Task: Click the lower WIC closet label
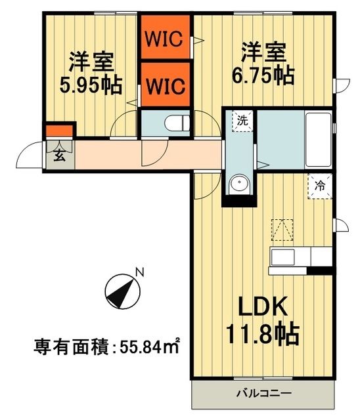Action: (165, 84)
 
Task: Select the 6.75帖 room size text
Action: (261, 75)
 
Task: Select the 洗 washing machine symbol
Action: (242, 121)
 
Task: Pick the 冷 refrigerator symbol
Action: (321, 186)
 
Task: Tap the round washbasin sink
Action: (239, 184)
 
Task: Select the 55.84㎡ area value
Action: (152, 346)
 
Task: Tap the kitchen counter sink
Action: (284, 256)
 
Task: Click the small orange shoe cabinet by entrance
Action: (59, 130)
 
